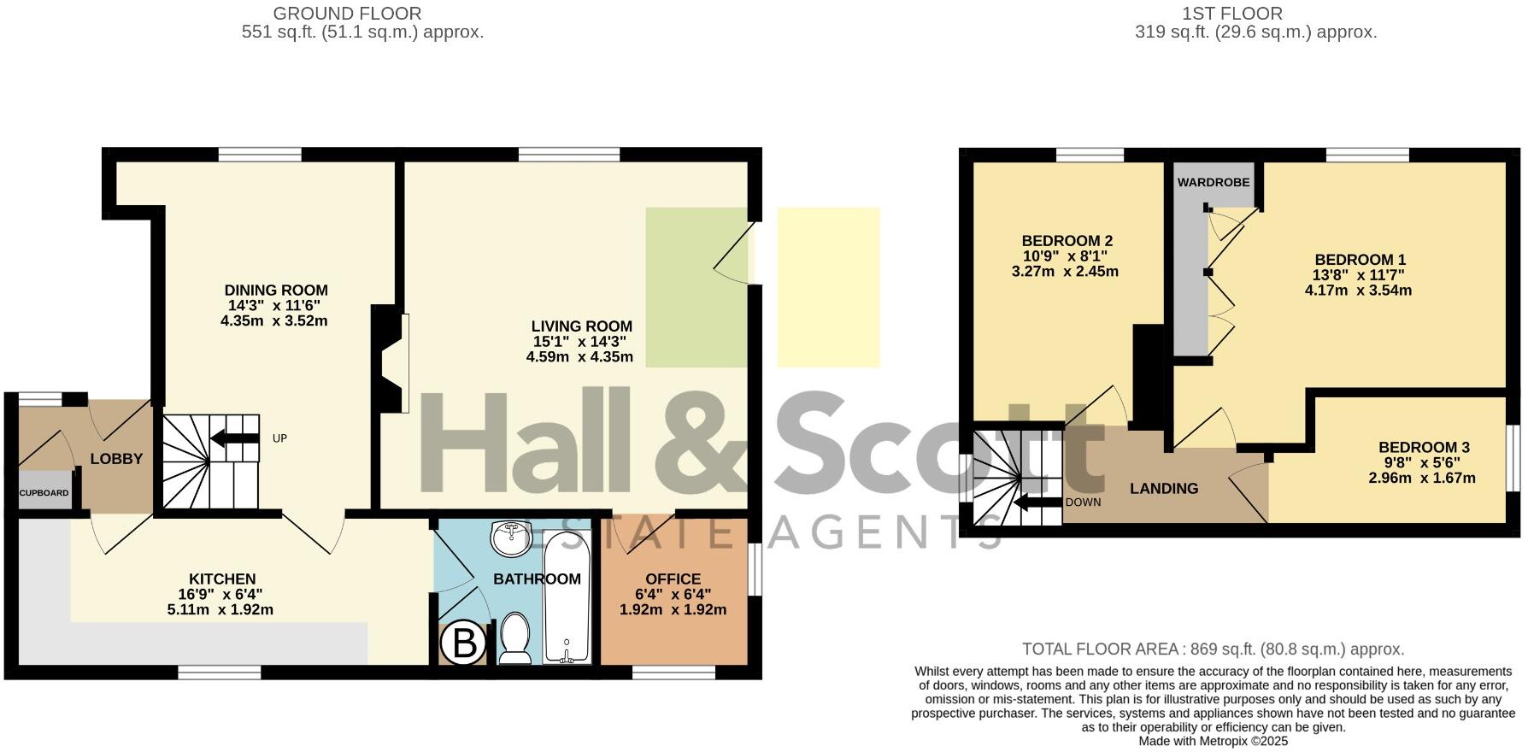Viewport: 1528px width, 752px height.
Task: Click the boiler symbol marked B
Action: click(464, 643)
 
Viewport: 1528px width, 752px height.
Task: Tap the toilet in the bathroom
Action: click(515, 639)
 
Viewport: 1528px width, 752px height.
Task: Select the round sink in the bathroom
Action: click(511, 538)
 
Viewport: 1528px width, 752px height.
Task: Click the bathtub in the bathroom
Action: click(567, 597)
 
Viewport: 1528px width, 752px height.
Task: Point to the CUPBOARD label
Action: click(44, 493)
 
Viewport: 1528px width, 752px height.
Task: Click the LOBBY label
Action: click(116, 459)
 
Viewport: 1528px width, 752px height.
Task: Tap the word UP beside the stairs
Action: click(279, 438)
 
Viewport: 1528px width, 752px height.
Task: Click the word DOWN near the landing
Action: click(1083, 502)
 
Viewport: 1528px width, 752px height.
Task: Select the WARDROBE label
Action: click(1214, 182)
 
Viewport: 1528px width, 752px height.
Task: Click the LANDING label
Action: click(1164, 489)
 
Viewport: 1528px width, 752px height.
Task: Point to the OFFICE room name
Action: click(673, 579)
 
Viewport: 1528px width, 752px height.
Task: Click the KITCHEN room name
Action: click(222, 579)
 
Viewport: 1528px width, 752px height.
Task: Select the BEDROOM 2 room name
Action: click(1067, 241)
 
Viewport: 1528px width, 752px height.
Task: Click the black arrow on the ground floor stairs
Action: click(234, 439)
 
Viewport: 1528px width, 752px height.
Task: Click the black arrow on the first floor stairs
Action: click(1037, 502)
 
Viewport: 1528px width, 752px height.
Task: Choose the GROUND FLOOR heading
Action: click(348, 14)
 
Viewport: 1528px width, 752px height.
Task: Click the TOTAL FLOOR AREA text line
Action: click(1214, 649)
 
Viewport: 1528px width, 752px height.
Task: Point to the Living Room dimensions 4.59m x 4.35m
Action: click(580, 356)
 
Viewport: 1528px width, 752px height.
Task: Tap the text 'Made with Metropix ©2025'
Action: click(1214, 742)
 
